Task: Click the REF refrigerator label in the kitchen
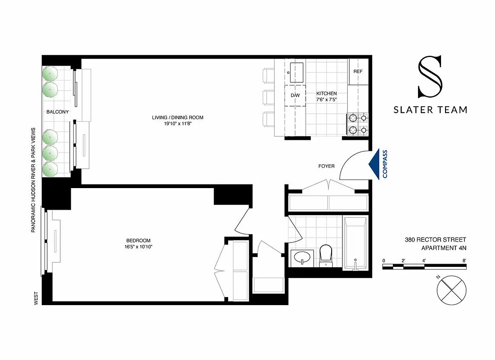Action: [358, 72]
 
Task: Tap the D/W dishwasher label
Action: [295, 96]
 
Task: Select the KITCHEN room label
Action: [326, 94]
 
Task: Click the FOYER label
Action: [326, 166]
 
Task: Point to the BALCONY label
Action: [57, 112]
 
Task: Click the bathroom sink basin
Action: [300, 258]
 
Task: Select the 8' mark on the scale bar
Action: [464, 261]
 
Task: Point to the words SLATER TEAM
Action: [430, 109]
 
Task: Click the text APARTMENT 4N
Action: [443, 248]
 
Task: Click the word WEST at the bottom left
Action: [36, 299]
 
